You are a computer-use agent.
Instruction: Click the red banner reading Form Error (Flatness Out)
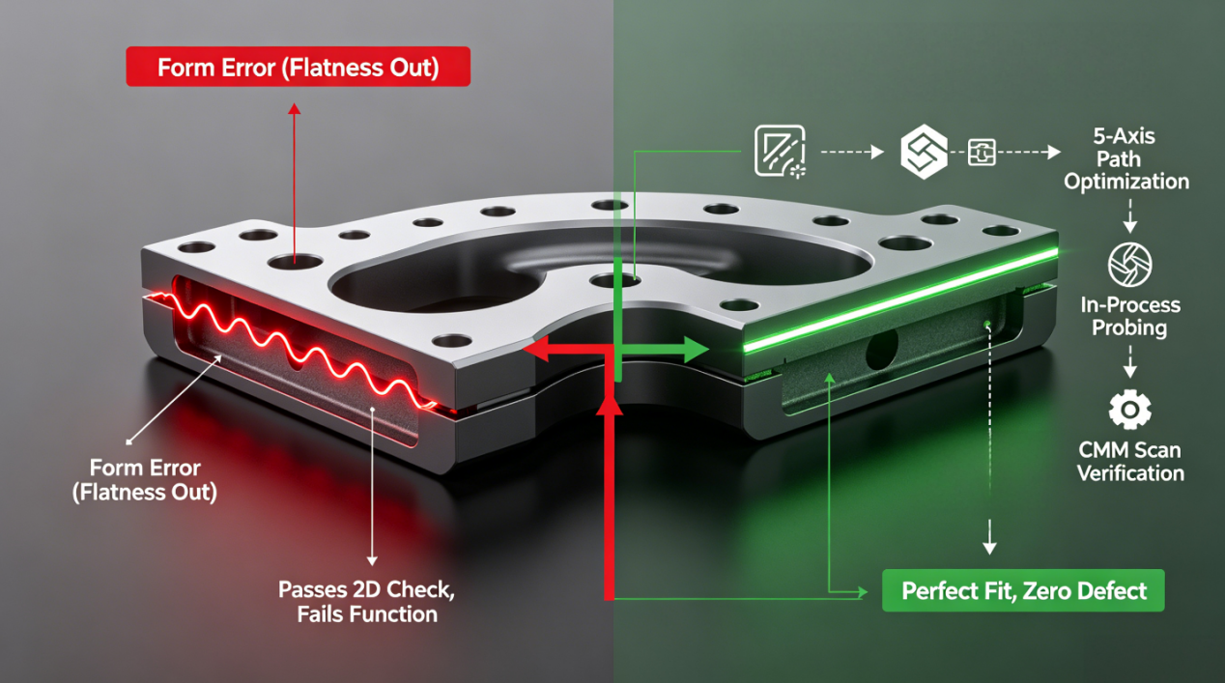click(299, 67)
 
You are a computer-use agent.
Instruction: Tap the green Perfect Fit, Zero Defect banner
click(1023, 590)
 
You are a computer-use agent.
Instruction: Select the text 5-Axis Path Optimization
click(1126, 158)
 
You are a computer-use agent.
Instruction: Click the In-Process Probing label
click(1130, 316)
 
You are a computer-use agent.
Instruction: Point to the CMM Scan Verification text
click(1130, 462)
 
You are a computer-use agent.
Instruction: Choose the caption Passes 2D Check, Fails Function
click(366, 602)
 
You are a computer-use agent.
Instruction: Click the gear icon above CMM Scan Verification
click(1130, 409)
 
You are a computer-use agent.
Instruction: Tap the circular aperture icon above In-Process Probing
click(1130, 265)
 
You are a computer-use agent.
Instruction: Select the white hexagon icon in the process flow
click(924, 152)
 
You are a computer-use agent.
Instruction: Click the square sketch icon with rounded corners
click(780, 151)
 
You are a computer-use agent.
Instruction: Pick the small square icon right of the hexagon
click(982, 152)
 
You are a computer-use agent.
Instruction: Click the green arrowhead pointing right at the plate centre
click(697, 350)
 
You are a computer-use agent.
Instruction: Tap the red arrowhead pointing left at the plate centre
click(536, 350)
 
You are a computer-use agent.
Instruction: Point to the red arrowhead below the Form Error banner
click(295, 108)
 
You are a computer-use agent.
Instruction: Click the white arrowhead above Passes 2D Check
click(372, 560)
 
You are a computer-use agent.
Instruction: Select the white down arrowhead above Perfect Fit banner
click(989, 548)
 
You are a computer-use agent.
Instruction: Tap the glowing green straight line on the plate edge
click(900, 300)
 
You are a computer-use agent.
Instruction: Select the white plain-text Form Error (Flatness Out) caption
click(145, 480)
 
